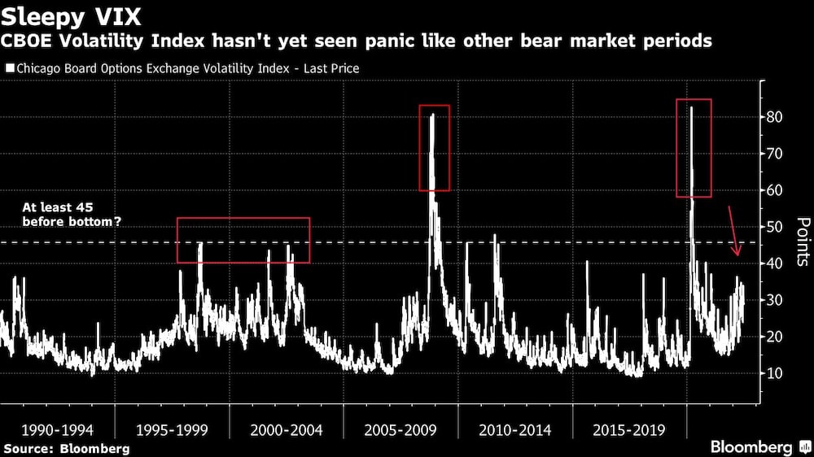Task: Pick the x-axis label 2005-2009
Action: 400,429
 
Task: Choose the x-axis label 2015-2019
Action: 629,429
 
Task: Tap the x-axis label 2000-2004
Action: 286,429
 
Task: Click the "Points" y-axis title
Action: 802,242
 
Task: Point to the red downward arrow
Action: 733,232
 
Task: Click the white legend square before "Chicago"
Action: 10,69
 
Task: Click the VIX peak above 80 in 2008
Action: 432,115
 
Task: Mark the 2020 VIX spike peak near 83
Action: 691,107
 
